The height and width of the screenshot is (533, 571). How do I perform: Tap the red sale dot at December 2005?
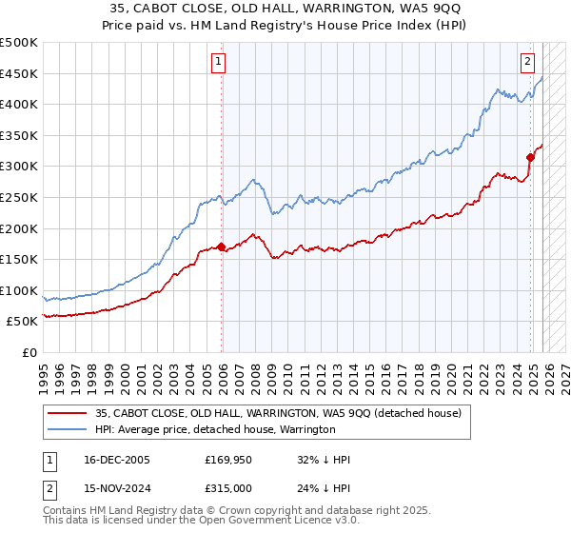click(222, 247)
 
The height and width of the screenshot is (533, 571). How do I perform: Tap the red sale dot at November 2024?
click(531, 157)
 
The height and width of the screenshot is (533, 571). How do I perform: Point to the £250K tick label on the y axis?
click(20, 197)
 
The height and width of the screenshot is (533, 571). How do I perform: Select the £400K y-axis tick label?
click(20, 104)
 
